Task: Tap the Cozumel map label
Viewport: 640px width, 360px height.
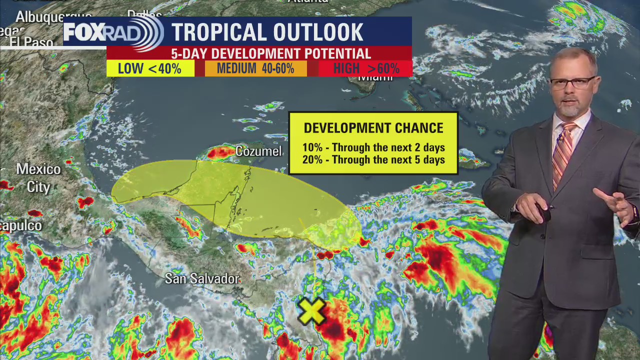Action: pyautogui.click(x=258, y=151)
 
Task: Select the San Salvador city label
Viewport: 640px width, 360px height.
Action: pyautogui.click(x=202, y=278)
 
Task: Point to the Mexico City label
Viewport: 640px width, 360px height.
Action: pyautogui.click(x=38, y=177)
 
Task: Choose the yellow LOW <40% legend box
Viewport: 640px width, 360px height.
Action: pyautogui.click(x=150, y=68)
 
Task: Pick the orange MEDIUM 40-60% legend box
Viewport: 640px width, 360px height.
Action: pyautogui.click(x=255, y=68)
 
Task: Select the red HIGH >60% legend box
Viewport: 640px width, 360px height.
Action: pyautogui.click(x=365, y=68)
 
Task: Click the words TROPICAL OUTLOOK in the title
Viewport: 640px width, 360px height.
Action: pyautogui.click(x=267, y=32)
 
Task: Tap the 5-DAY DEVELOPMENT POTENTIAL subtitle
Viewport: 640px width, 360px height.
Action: pyautogui.click(x=271, y=53)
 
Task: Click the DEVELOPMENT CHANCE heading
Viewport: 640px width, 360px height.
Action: pyautogui.click(x=373, y=128)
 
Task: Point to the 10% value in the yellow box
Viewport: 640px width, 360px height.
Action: pyautogui.click(x=312, y=147)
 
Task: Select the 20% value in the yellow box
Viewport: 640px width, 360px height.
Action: pyautogui.click(x=312, y=160)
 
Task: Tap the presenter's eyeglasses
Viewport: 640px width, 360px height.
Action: pyautogui.click(x=572, y=83)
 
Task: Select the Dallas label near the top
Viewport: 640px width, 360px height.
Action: pyautogui.click(x=145, y=13)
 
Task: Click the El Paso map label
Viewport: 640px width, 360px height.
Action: pyautogui.click(x=31, y=43)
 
